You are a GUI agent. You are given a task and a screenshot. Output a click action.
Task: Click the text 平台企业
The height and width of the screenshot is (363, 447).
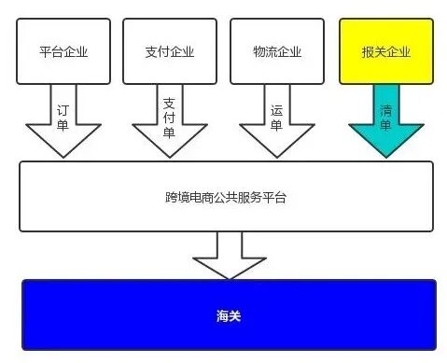click(63, 51)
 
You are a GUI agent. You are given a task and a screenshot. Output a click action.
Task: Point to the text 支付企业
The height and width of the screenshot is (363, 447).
click(170, 51)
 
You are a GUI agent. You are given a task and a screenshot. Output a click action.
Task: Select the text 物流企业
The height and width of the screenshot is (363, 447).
click(277, 51)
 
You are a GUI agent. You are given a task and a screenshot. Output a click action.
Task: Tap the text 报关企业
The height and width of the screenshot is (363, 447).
click(385, 51)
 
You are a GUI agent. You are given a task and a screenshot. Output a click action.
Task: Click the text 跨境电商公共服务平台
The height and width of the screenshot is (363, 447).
click(227, 197)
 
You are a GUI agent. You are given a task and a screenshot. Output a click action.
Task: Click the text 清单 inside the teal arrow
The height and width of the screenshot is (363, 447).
click(385, 118)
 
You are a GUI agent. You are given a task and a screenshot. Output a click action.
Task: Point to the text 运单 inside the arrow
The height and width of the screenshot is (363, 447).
click(277, 118)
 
